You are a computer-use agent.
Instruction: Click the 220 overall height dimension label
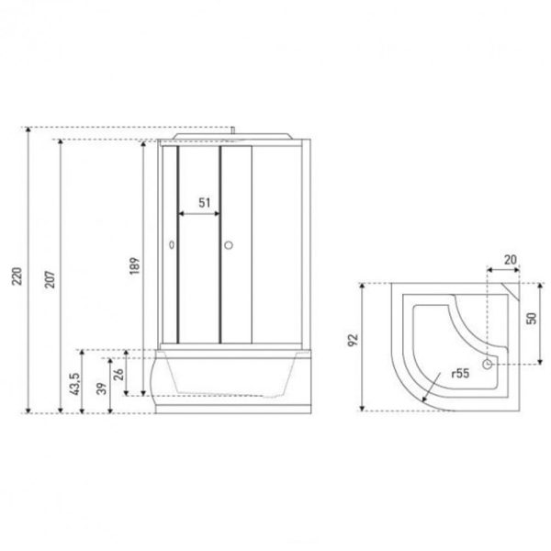pyautogui.click(x=17, y=276)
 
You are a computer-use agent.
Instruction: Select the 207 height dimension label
pyautogui.click(x=50, y=279)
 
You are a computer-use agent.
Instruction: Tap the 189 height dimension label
pyautogui.click(x=135, y=265)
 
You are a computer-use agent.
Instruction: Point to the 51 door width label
pyautogui.click(x=205, y=203)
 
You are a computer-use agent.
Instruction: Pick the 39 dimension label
pyautogui.click(x=102, y=388)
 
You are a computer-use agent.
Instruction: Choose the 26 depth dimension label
pyautogui.click(x=118, y=375)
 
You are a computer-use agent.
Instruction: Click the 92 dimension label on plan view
pyautogui.click(x=353, y=340)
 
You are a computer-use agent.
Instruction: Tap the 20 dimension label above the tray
pyautogui.click(x=511, y=260)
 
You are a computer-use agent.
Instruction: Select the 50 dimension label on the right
pyautogui.click(x=532, y=319)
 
